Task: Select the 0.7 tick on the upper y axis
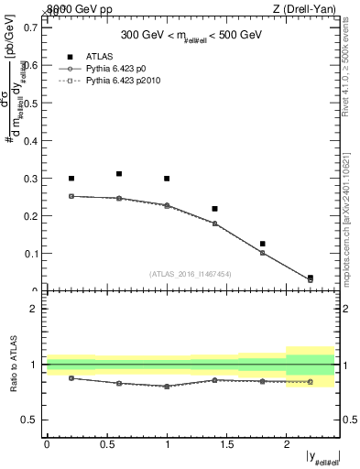tap(33, 27)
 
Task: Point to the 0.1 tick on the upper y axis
tap(33, 253)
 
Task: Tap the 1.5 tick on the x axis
tap(226, 444)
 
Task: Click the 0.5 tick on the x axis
tap(107, 444)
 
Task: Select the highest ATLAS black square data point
tap(119, 173)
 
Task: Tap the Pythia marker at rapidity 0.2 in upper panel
tap(71, 196)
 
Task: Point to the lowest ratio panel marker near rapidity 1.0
tap(167, 387)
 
